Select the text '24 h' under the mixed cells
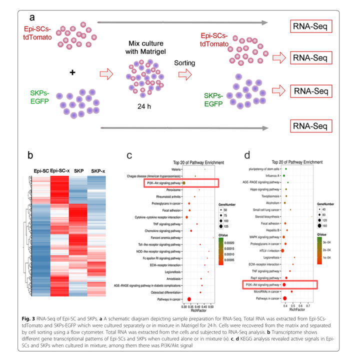click(x=143, y=106)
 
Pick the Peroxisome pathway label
click(x=171, y=190)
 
